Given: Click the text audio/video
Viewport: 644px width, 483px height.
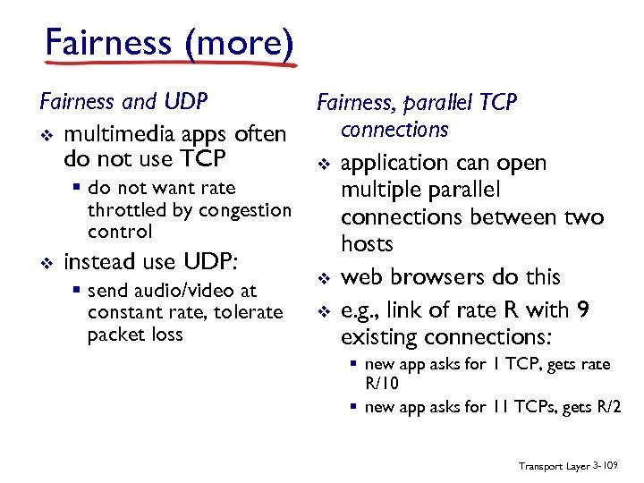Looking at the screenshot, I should click(x=189, y=291).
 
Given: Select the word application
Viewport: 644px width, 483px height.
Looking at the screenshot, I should click(x=394, y=163).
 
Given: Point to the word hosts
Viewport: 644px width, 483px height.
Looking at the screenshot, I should click(x=367, y=244).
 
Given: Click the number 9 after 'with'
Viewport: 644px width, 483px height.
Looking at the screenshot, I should click(x=583, y=309).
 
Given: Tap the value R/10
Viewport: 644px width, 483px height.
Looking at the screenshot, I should click(x=382, y=383).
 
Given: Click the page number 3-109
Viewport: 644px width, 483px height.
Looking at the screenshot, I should click(x=608, y=466).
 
